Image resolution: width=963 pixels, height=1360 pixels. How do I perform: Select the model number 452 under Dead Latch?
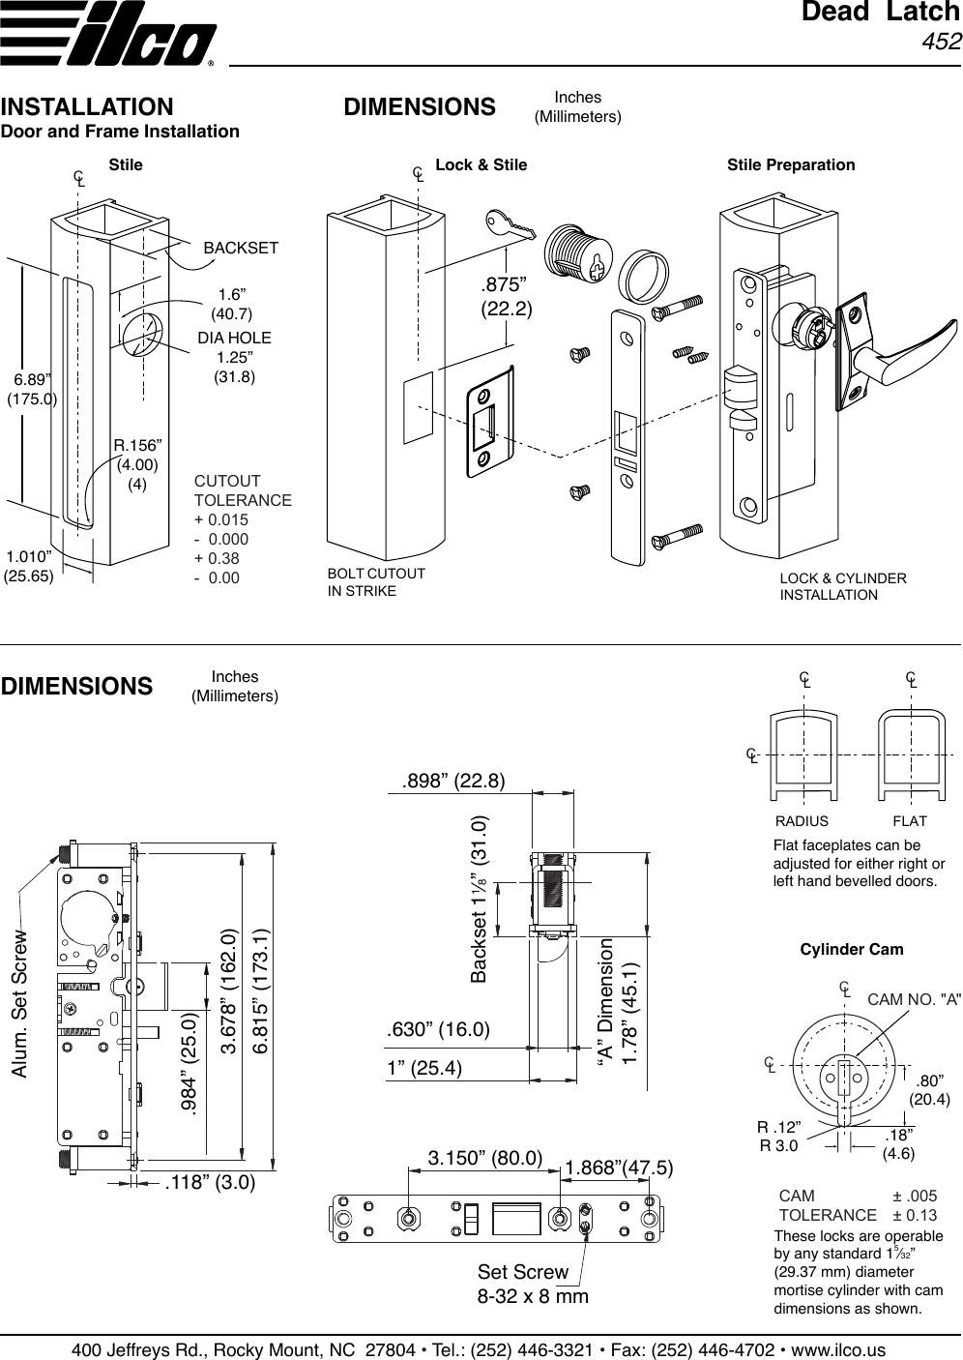click(x=941, y=42)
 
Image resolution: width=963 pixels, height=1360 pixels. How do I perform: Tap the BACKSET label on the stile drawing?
click(x=241, y=249)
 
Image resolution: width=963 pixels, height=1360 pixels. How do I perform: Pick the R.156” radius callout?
click(x=137, y=446)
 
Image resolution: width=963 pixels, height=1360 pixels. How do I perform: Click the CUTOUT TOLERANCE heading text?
click(x=243, y=490)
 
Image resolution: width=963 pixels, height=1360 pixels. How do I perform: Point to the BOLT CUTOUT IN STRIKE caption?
click(x=376, y=582)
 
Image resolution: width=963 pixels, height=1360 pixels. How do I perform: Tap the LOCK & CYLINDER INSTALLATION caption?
click(x=842, y=586)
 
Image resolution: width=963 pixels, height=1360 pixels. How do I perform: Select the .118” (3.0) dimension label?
click(x=210, y=1182)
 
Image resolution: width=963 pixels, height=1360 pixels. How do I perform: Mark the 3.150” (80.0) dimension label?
click(x=485, y=1159)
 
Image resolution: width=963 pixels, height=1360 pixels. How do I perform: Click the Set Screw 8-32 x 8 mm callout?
click(x=533, y=1284)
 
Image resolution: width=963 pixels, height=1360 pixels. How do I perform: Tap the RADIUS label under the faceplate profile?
click(x=802, y=821)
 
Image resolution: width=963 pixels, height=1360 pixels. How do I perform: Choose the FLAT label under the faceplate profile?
click(x=909, y=821)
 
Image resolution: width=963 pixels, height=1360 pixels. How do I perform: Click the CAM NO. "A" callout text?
click(x=914, y=999)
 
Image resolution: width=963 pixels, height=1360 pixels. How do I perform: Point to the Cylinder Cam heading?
click(x=852, y=949)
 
